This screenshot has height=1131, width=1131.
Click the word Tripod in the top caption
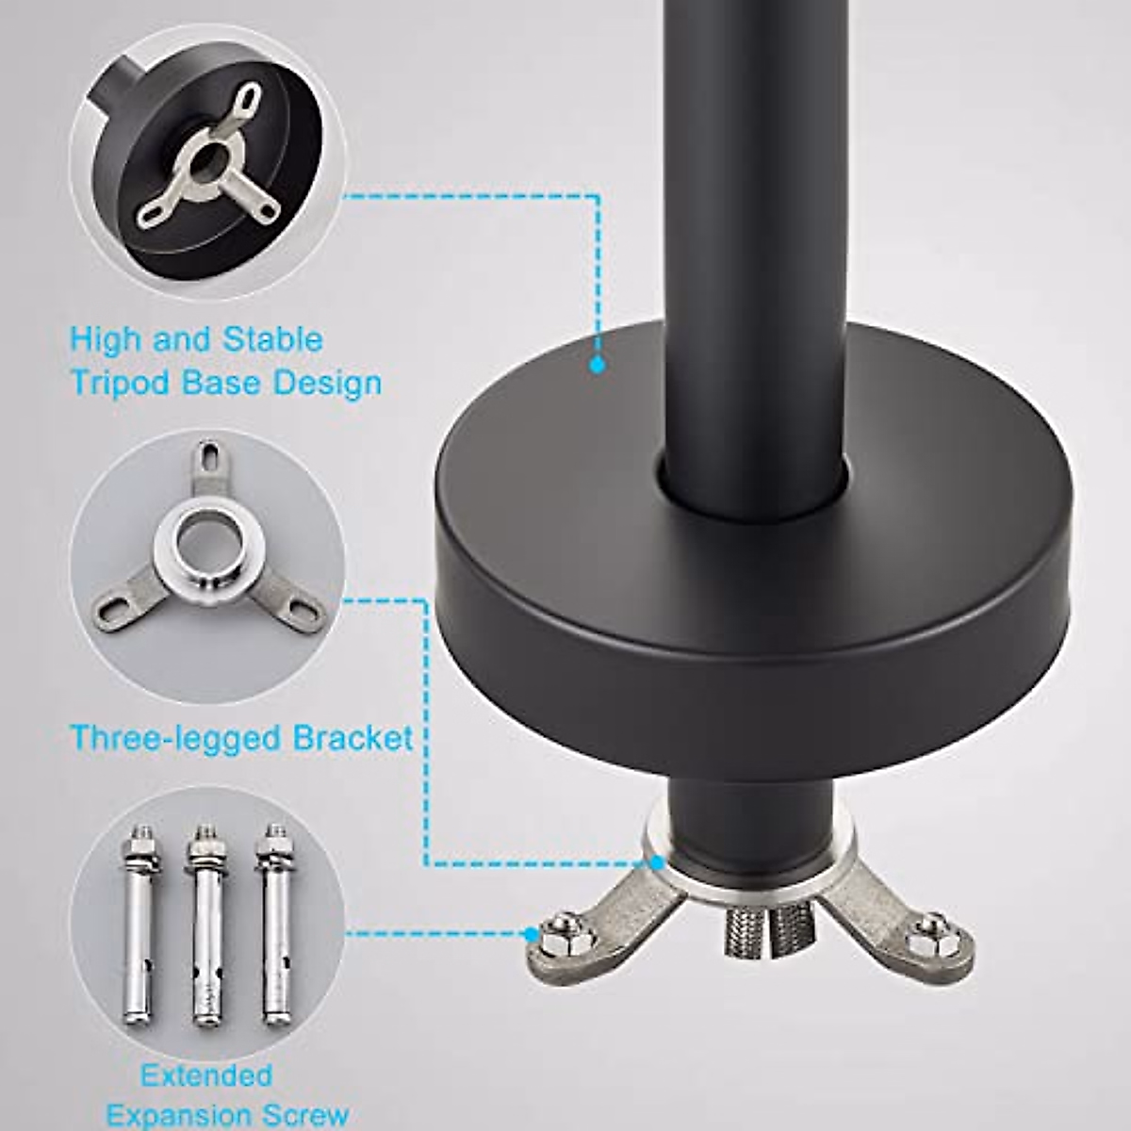[120, 384]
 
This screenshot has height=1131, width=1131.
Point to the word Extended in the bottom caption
[206, 1075]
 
